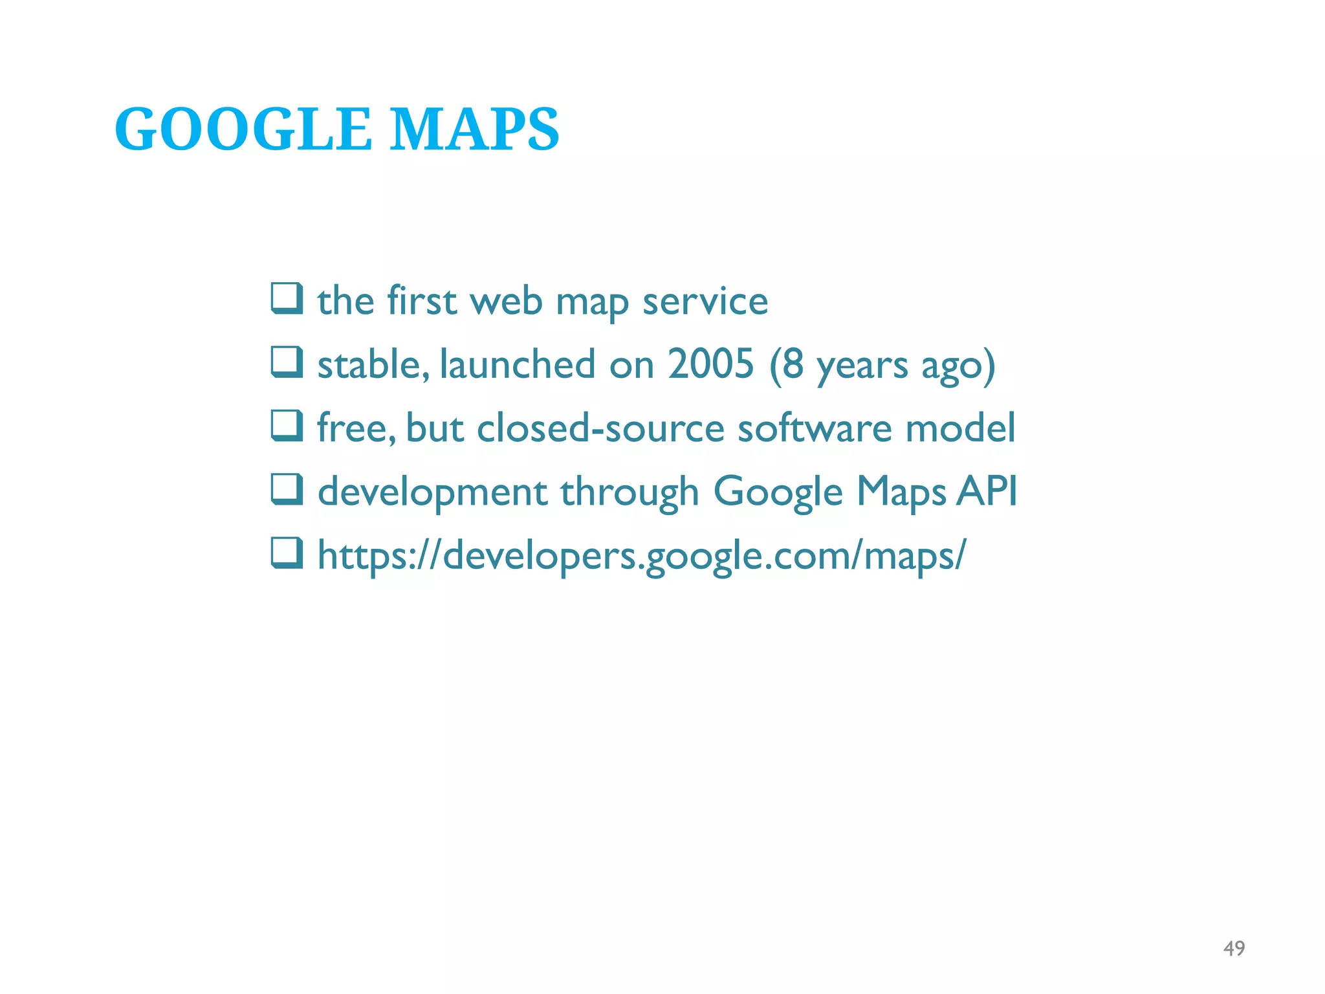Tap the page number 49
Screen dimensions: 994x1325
[1234, 948]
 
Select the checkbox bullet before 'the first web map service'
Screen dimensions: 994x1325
[287, 298]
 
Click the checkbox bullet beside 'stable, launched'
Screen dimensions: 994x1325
[287, 362]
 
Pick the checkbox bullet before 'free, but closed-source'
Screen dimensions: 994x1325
[287, 426]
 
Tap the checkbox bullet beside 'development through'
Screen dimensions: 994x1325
[287, 489]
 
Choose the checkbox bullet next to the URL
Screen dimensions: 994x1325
[287, 553]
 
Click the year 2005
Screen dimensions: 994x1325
[710, 364]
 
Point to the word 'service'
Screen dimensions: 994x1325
[705, 302]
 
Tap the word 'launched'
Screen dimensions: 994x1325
[518, 364]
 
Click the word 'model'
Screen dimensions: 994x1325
[960, 428]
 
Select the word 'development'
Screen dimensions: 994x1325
[433, 492]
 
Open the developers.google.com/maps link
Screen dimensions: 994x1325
[641, 556]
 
